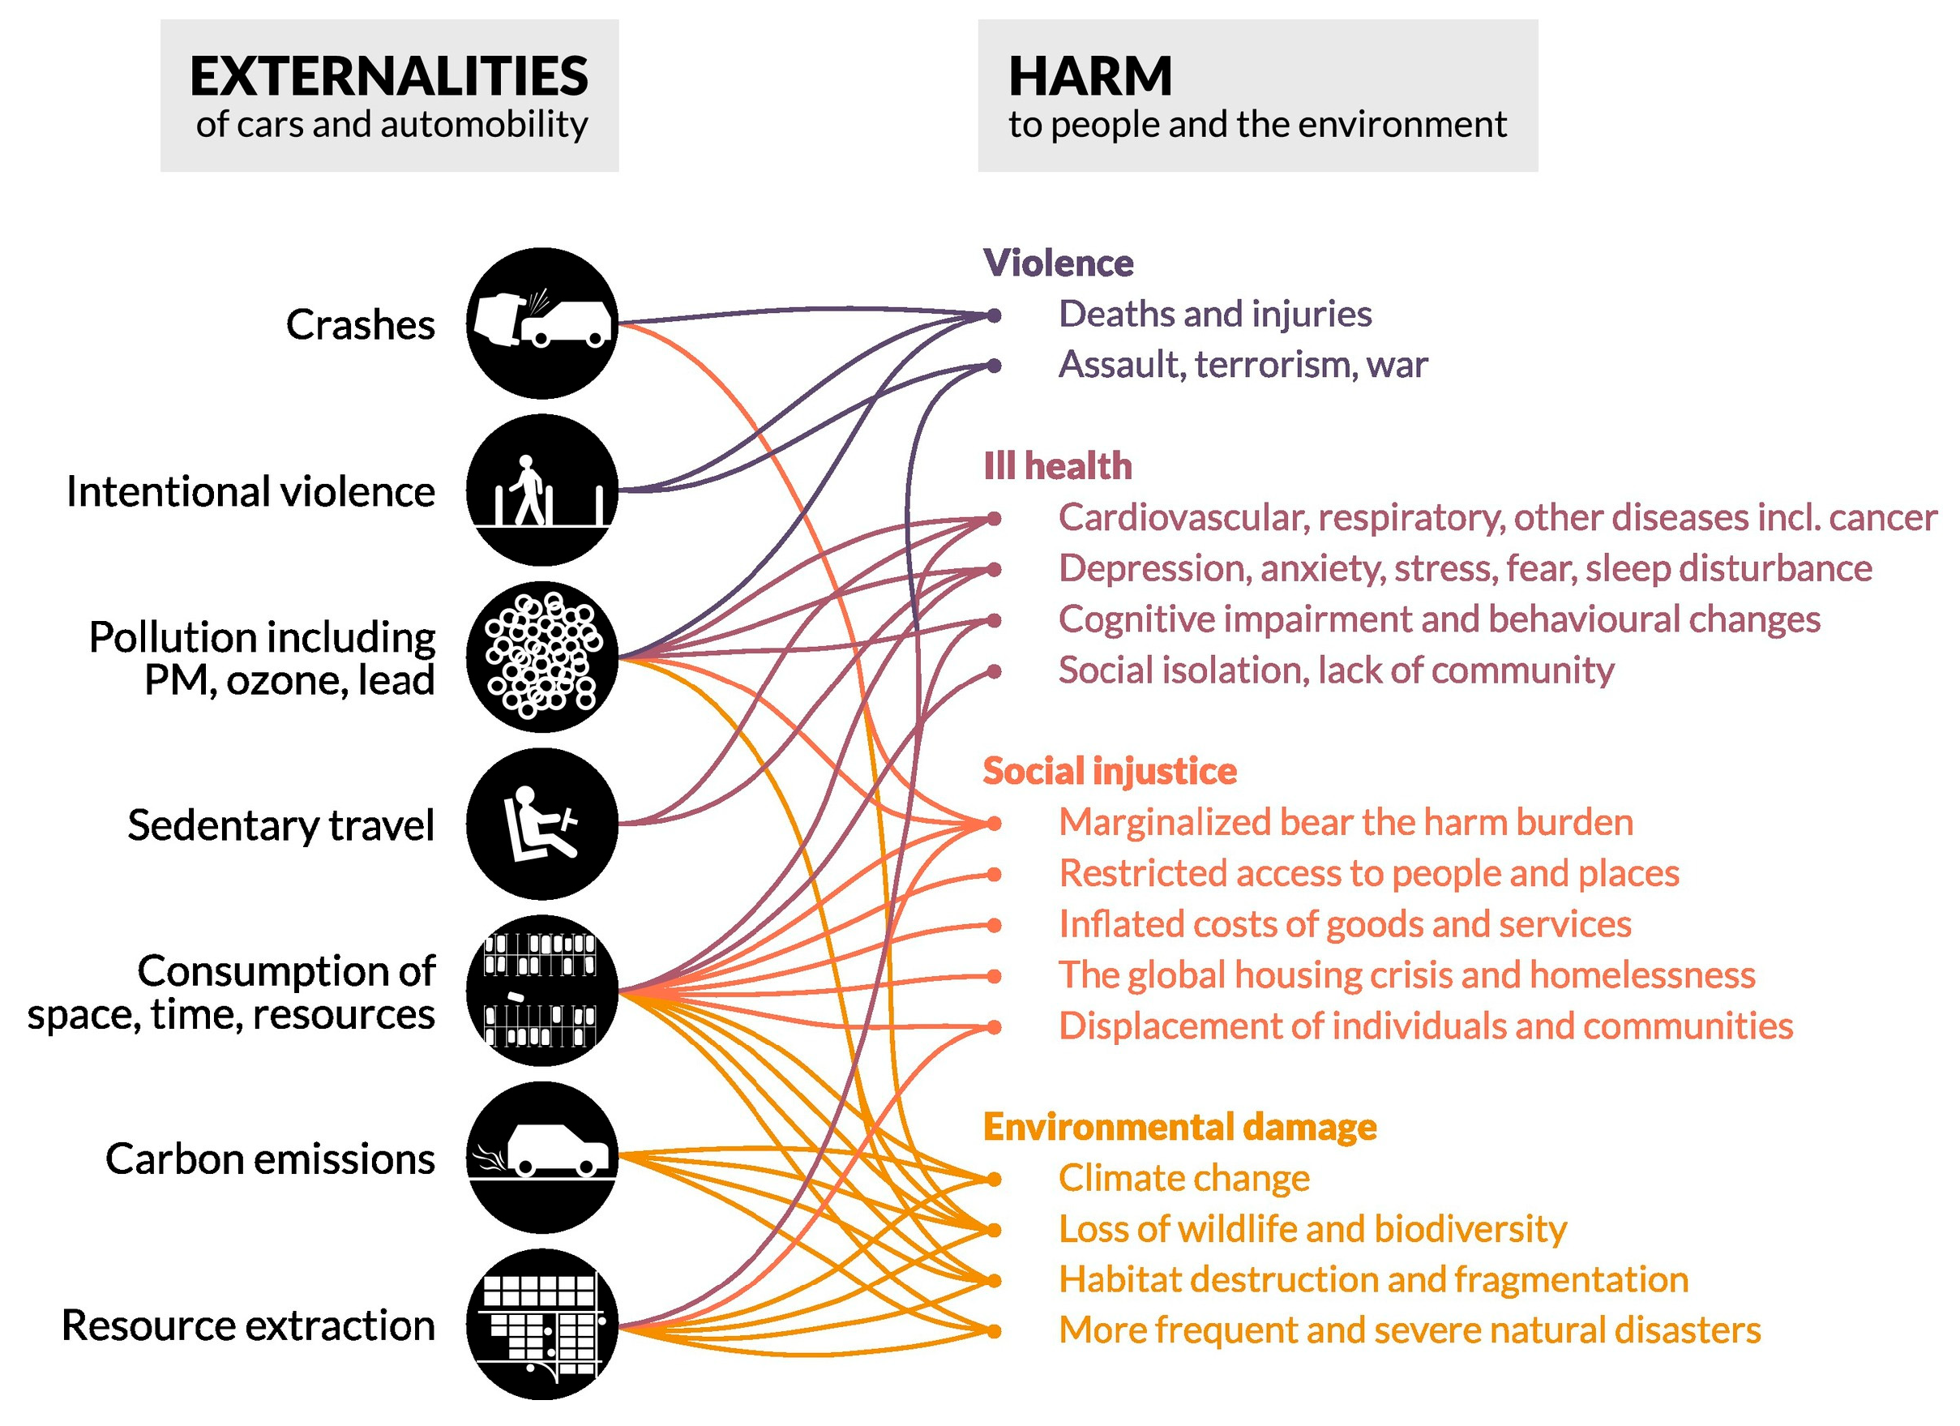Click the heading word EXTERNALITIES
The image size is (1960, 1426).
[389, 76]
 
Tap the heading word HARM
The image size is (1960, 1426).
[1090, 76]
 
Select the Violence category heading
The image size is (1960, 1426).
[1059, 263]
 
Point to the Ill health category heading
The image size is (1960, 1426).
[1058, 466]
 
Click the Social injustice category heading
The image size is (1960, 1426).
[1110, 771]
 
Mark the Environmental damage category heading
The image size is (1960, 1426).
[1179, 1127]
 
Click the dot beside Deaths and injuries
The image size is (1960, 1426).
[995, 315]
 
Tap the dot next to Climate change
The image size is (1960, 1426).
[995, 1179]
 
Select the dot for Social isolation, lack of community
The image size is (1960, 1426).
[995, 670]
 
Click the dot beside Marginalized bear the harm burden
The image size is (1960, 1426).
[995, 824]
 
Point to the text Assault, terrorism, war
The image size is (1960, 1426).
[1243, 365]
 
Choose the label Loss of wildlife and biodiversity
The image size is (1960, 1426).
[1312, 1229]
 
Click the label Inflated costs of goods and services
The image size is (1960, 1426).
[1346, 924]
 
